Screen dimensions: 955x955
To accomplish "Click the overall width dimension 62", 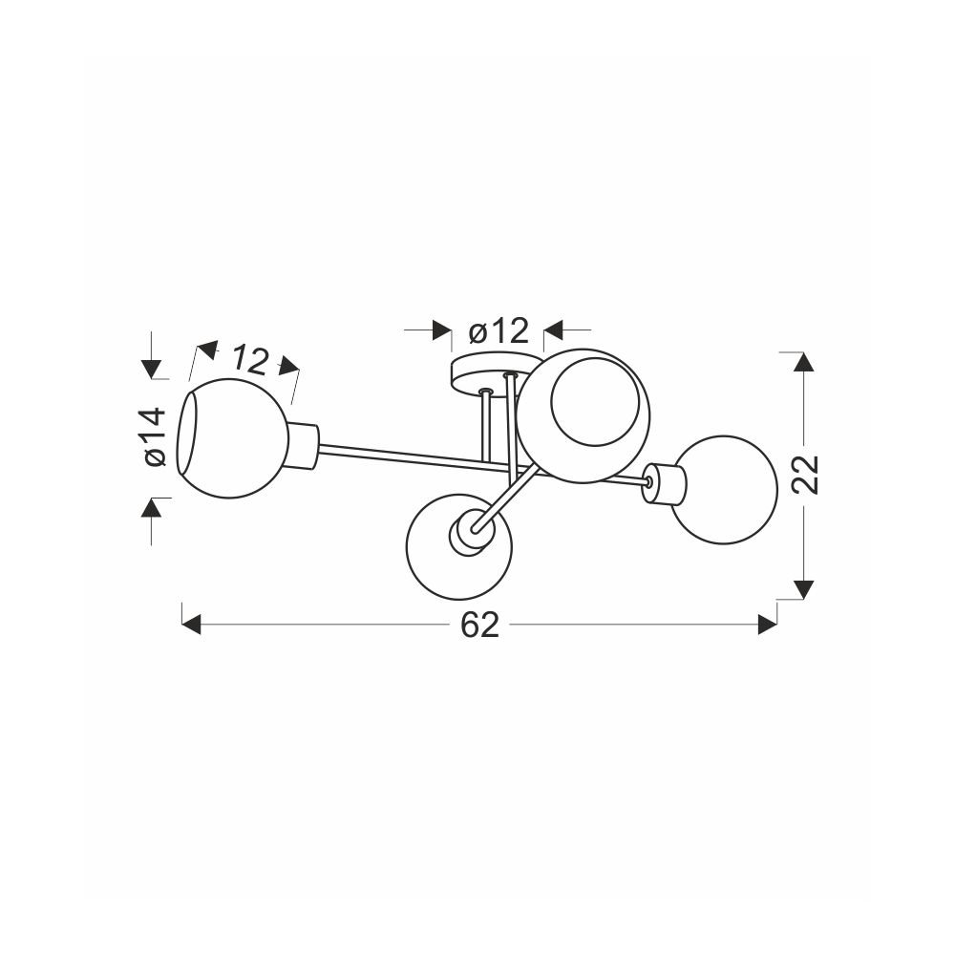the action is (x=480, y=625).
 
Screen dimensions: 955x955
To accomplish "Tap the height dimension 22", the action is (x=807, y=474).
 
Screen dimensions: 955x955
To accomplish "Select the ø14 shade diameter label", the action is (x=156, y=437).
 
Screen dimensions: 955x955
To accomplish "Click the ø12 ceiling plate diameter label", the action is (x=499, y=331).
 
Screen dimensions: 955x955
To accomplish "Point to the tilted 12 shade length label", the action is (x=249, y=360).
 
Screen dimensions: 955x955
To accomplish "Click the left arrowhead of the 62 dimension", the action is (x=191, y=625).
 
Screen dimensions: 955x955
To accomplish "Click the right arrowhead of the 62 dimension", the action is (x=768, y=625).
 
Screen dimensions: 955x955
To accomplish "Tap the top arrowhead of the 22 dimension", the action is (x=804, y=362).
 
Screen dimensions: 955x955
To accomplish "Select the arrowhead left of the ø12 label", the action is (x=441, y=330).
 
